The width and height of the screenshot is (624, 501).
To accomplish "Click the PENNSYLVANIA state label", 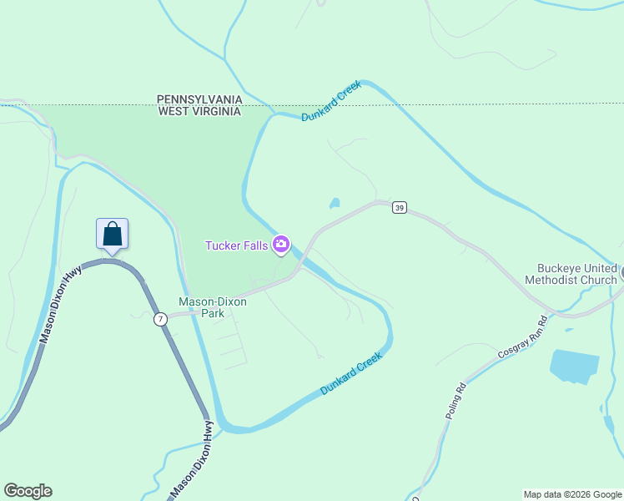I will [x=199, y=99].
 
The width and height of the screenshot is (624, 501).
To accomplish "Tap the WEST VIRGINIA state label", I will [x=199, y=110].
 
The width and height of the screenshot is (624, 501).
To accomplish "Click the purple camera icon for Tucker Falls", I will [x=281, y=244].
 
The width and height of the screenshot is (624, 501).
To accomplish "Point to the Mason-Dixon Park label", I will [x=213, y=307].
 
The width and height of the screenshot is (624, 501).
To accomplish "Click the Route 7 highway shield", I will [x=160, y=319].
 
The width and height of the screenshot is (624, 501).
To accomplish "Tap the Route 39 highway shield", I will [x=400, y=208].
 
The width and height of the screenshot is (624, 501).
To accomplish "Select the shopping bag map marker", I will [x=112, y=235].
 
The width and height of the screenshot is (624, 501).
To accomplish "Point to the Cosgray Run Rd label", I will [x=522, y=337].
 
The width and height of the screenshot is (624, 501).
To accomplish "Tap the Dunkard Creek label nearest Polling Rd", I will [x=351, y=373].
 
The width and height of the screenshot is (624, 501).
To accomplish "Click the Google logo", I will [x=28, y=491].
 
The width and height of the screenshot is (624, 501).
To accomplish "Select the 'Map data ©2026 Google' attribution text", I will [x=572, y=494].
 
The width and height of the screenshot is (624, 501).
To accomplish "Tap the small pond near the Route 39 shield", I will [x=335, y=203].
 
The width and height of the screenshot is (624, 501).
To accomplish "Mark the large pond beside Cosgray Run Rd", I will [x=574, y=366].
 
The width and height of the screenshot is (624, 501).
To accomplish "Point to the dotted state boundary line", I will [x=467, y=105].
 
